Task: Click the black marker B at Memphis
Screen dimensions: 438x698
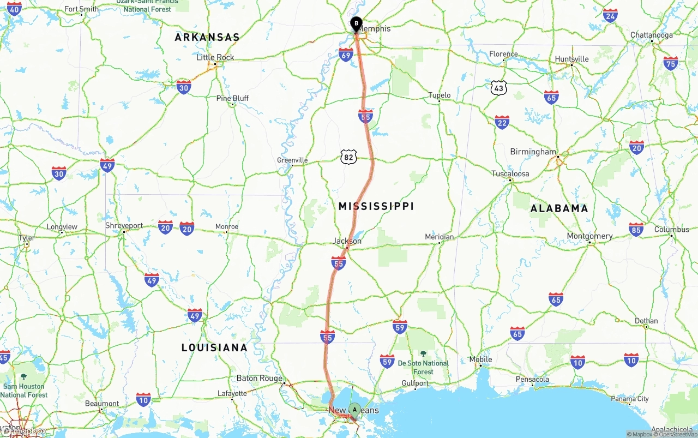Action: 356,24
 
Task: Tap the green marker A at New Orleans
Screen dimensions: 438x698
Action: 354,409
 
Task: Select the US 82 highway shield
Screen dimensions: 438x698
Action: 349,158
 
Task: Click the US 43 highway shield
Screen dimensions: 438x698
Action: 498,88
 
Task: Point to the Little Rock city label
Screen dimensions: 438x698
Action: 215,57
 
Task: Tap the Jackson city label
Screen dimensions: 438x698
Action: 347,241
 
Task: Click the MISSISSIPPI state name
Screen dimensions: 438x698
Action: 376,206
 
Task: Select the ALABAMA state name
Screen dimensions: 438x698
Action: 559,208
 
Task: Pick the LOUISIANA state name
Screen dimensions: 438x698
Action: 214,347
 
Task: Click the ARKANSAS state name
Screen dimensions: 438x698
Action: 207,37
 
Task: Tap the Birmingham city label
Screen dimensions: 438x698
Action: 533,152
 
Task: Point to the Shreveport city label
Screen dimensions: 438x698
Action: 124,225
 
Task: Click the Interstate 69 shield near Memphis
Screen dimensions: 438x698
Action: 346,55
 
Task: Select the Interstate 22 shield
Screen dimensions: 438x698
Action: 502,122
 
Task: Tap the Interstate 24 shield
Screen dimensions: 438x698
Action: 610,16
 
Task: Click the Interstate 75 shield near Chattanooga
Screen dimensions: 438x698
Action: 671,63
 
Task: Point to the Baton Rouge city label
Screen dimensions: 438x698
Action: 260,378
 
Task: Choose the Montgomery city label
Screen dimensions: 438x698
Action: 589,236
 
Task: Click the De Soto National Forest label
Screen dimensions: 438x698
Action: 423,367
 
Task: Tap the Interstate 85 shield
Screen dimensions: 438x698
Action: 636,230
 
